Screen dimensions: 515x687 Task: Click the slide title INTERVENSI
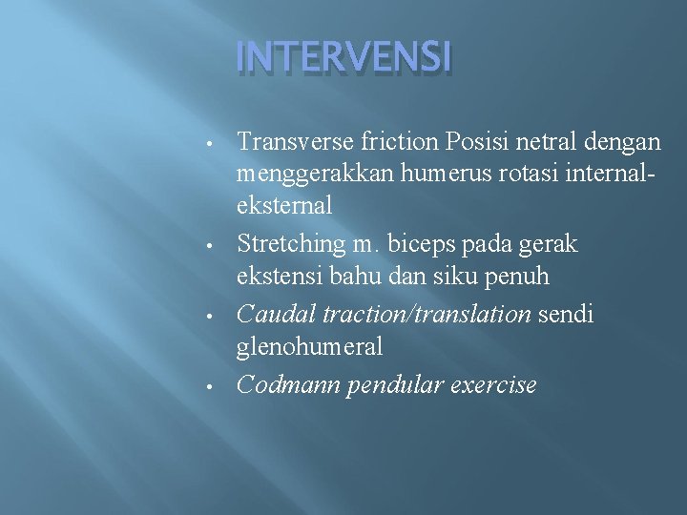pos(343,59)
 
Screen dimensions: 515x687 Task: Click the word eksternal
pos(284,205)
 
